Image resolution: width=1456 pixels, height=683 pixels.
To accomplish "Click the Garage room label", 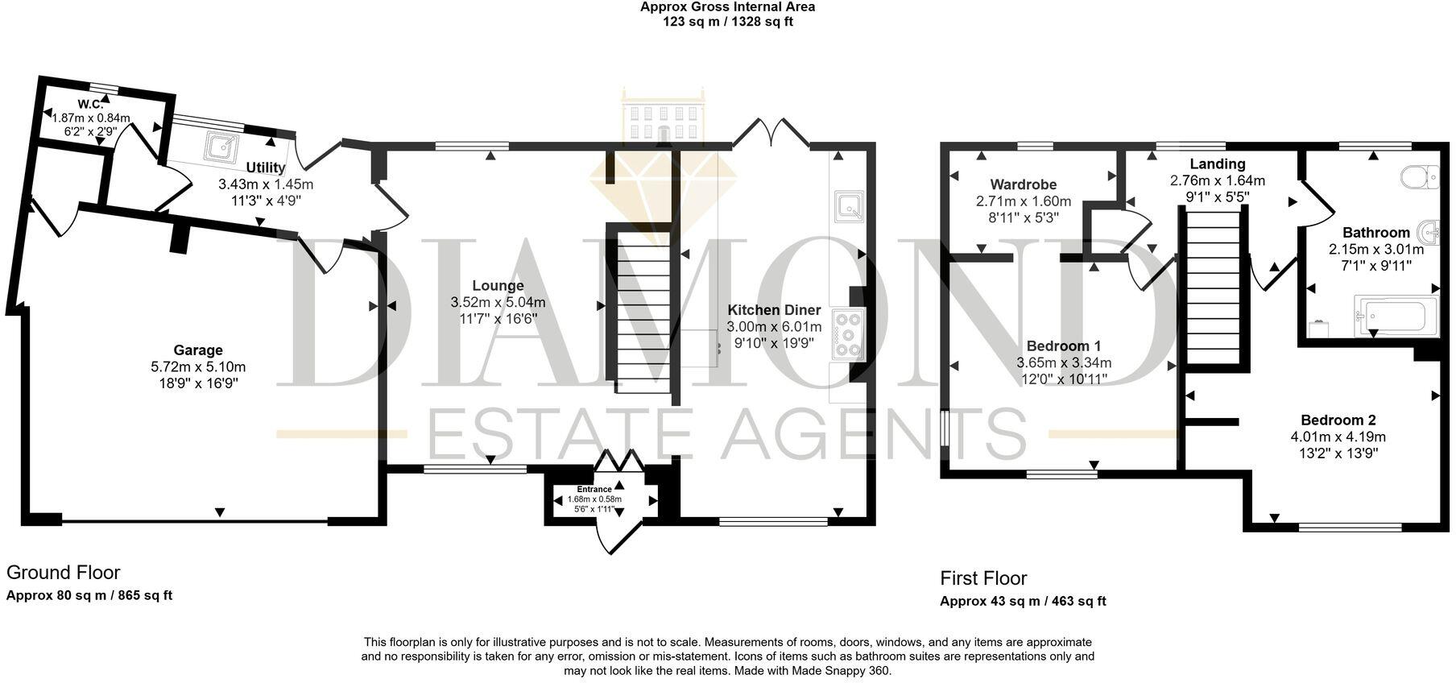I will (x=198, y=350).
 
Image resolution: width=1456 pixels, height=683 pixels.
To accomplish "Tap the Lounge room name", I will (x=498, y=286).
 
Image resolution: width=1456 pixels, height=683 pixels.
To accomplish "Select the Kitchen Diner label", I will (x=774, y=310).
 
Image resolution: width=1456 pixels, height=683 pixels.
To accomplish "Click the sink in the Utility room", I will (x=220, y=147).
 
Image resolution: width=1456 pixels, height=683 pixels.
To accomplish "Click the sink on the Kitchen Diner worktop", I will (x=849, y=205).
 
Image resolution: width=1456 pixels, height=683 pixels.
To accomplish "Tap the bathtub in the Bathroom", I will (x=1396, y=315).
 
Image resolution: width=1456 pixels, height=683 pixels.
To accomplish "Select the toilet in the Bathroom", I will (x=1420, y=176).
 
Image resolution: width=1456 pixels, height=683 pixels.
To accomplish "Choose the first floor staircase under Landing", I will (x=1214, y=287).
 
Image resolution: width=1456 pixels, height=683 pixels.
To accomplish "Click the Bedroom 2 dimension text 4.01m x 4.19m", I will (x=1338, y=437).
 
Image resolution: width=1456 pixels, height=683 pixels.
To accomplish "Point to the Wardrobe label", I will (x=1023, y=185).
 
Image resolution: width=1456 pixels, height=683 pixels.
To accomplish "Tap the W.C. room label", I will (x=91, y=105).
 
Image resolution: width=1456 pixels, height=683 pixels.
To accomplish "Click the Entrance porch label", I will (x=594, y=490).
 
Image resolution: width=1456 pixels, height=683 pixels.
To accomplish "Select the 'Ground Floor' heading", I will (x=63, y=573).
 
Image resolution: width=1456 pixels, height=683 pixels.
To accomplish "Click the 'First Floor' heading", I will (x=983, y=578).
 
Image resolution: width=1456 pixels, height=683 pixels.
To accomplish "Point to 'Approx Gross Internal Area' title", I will (x=727, y=7).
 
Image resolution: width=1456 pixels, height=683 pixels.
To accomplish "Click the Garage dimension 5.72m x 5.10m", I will (x=198, y=367).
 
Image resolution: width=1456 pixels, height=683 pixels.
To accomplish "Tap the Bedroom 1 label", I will (x=1063, y=346).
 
